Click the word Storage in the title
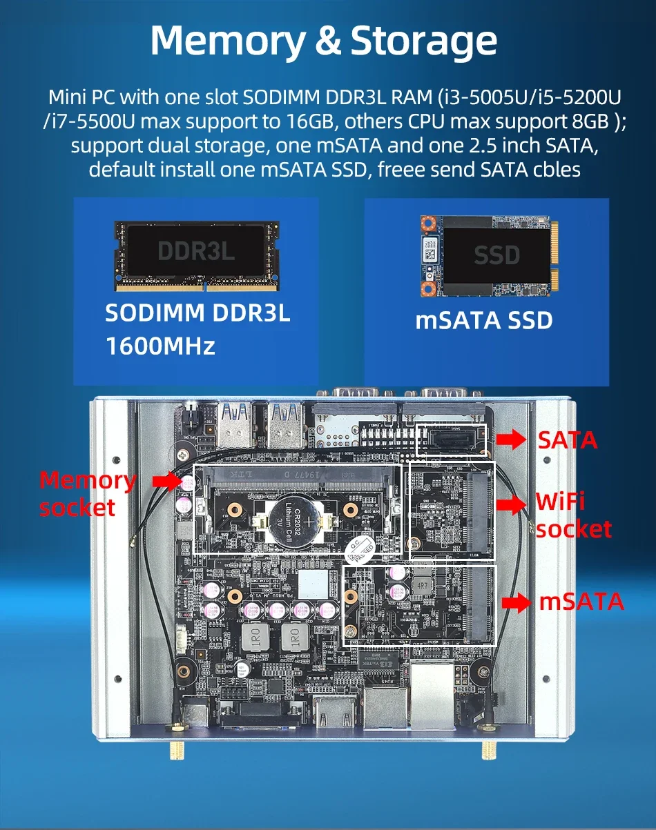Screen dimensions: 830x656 424,41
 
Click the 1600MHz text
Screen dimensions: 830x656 160,346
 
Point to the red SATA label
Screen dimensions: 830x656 568,439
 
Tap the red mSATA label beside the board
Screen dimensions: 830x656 581,602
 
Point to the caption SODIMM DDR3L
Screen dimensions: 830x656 197,313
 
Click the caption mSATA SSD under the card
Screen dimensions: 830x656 484,321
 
